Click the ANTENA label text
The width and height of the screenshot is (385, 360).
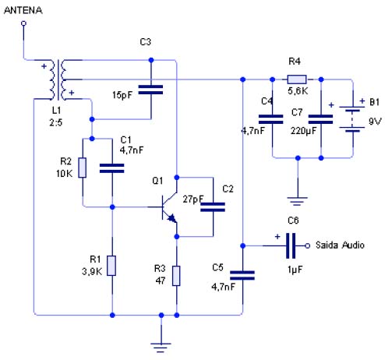(23, 10)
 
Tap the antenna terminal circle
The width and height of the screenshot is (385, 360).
(23, 23)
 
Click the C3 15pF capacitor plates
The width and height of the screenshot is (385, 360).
(150, 90)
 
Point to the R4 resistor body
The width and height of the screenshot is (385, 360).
(297, 79)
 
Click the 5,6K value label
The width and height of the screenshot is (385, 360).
(298, 91)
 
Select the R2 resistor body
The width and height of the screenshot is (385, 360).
(83, 168)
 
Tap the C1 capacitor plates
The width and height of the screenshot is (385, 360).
(112, 168)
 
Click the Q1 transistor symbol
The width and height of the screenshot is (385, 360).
(169, 207)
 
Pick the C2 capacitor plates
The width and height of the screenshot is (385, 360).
(213, 207)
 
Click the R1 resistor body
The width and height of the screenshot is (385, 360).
(112, 266)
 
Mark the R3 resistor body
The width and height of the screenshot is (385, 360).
(176, 276)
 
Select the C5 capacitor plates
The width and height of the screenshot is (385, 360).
(242, 275)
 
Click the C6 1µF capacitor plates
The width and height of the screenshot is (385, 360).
(291, 245)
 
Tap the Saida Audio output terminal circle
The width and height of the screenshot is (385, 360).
(307, 245)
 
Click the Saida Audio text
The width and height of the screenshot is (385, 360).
(340, 245)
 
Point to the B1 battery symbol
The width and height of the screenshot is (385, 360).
(352, 119)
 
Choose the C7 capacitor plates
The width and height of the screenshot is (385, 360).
(320, 119)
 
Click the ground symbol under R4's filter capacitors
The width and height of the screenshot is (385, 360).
(298, 201)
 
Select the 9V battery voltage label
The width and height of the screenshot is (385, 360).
(375, 121)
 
